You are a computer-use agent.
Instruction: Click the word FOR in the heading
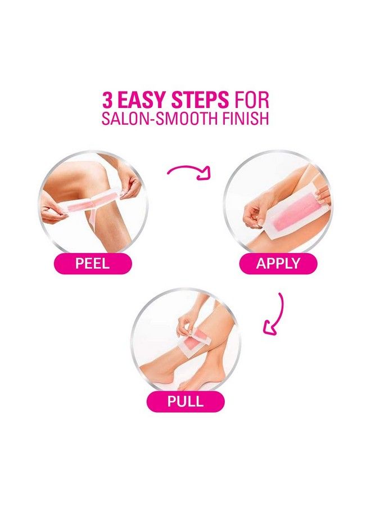pos(251,101)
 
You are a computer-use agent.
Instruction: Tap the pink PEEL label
pos(93,263)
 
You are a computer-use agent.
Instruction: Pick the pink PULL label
pos(185,401)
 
